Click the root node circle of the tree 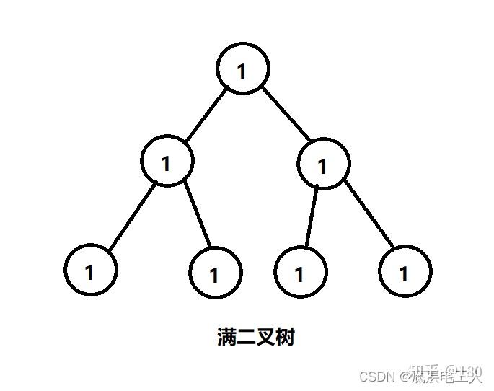tap(243, 69)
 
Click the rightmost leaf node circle tap(405, 271)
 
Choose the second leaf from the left tap(215, 272)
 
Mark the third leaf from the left tap(300, 272)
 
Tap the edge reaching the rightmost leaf tap(369, 214)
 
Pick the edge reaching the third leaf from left tap(310, 216)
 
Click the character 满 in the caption tap(227, 337)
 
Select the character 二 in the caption tap(247, 337)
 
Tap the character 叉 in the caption tap(266, 337)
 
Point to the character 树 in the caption tap(285, 337)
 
